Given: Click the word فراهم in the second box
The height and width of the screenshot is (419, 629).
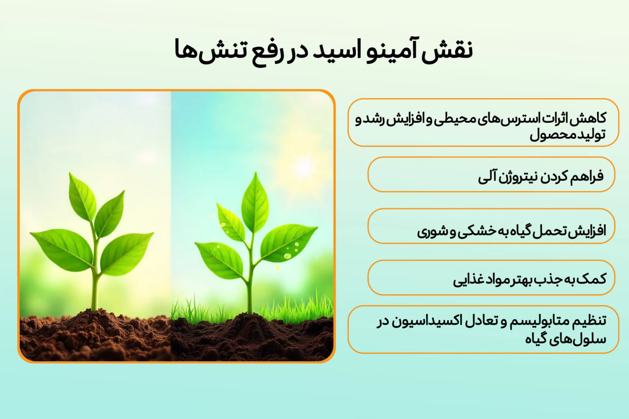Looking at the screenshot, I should coord(587,175).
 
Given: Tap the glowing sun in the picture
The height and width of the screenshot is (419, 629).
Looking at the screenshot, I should coord(303,167).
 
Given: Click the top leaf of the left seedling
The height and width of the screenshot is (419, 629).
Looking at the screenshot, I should coord(82,196).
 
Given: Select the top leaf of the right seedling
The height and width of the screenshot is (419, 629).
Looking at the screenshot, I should coord(255,201).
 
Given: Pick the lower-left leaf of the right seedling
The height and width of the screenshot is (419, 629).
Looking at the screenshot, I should coord(219,259).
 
